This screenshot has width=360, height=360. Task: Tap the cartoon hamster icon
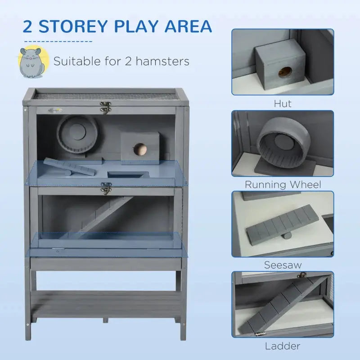pyautogui.click(x=31, y=60)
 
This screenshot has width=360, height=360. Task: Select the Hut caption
pyautogui.click(x=283, y=103)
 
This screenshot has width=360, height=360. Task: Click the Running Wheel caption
pyautogui.click(x=283, y=184)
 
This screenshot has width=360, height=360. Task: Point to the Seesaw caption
pyautogui.click(x=283, y=265)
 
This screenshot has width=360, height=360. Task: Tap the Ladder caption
pyautogui.click(x=283, y=346)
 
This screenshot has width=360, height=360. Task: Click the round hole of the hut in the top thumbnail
pyautogui.click(x=284, y=72)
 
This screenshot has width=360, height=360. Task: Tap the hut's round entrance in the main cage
pyautogui.click(x=140, y=148)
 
